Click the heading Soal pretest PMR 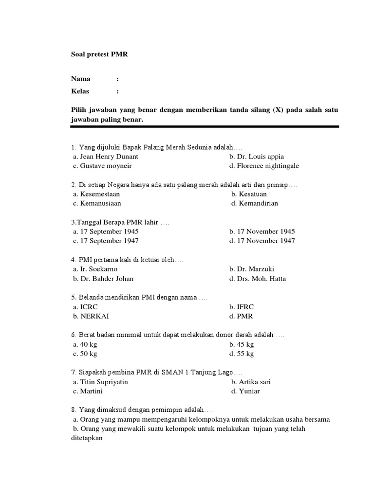point(99,54)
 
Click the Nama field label point(81,79)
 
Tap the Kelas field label point(80,91)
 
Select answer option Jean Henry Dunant point(106,157)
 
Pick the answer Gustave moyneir point(102,166)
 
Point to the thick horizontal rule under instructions point(205,126)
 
